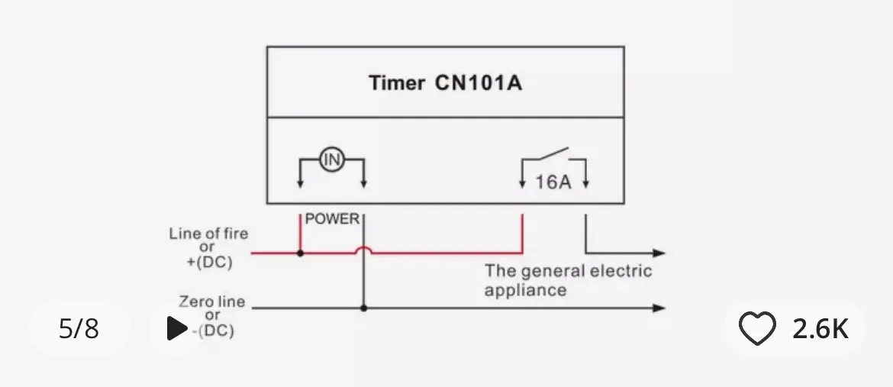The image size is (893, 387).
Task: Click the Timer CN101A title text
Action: tap(445, 82)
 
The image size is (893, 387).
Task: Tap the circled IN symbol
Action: tap(332, 160)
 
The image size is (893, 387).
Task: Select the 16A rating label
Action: tap(553, 182)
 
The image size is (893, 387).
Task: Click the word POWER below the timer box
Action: tap(332, 219)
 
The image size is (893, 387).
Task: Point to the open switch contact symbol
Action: tap(553, 154)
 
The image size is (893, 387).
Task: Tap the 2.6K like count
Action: tap(820, 329)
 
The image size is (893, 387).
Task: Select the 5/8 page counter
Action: tap(79, 329)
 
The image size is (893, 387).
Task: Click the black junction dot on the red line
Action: tap(300, 253)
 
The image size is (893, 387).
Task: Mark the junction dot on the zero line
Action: tap(364, 308)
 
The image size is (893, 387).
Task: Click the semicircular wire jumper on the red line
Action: tap(364, 249)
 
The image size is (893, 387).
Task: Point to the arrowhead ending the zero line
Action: tap(659, 308)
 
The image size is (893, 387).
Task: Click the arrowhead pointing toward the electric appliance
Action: tap(659, 253)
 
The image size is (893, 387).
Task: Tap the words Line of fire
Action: tap(208, 234)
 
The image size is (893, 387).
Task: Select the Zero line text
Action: tap(212, 302)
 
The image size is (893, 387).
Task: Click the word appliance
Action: tap(526, 290)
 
